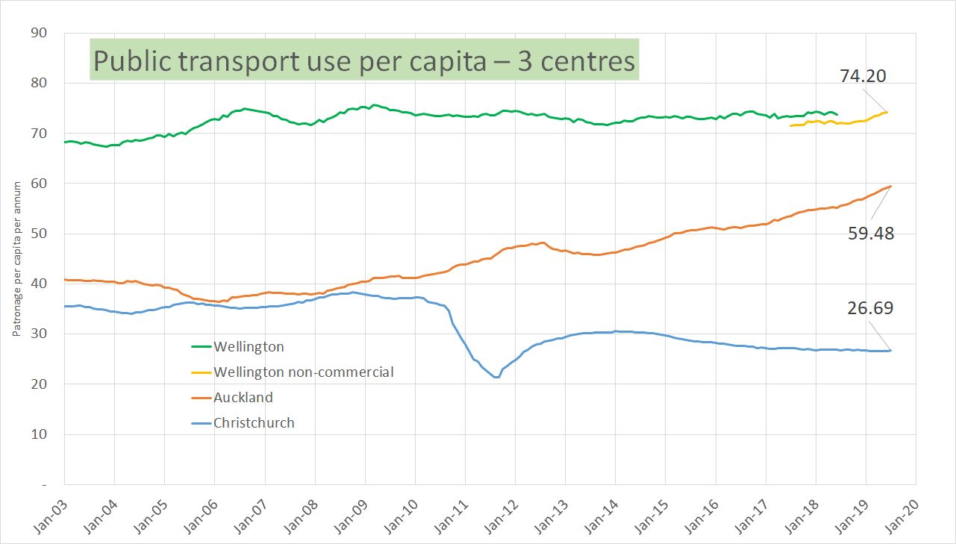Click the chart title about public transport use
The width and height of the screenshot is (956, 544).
click(x=364, y=60)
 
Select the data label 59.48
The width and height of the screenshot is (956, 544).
click(x=871, y=233)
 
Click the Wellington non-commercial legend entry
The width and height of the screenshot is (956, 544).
click(x=303, y=372)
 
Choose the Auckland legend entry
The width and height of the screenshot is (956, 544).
click(x=243, y=397)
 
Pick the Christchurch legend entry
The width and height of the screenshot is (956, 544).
click(x=254, y=422)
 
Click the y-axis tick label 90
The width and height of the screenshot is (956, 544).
click(x=39, y=33)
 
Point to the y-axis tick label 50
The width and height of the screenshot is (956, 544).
click(x=39, y=234)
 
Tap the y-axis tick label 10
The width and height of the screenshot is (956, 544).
click(x=39, y=434)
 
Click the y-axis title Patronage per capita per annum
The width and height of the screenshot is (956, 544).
click(x=16, y=259)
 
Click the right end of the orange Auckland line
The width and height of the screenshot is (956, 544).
click(x=890, y=186)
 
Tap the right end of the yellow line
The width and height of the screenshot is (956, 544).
click(x=886, y=113)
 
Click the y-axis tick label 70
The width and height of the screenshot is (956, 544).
click(x=39, y=134)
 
